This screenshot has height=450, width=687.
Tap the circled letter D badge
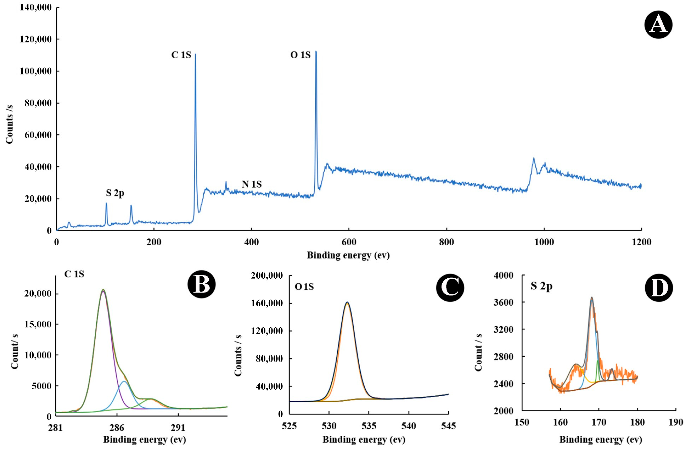[x=659, y=288]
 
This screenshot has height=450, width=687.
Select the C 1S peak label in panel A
[x=181, y=55]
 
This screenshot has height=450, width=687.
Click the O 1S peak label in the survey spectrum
[x=300, y=55]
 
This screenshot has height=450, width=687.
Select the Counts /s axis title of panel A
[x=10, y=124]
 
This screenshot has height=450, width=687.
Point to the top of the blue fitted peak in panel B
[x=124, y=381]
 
